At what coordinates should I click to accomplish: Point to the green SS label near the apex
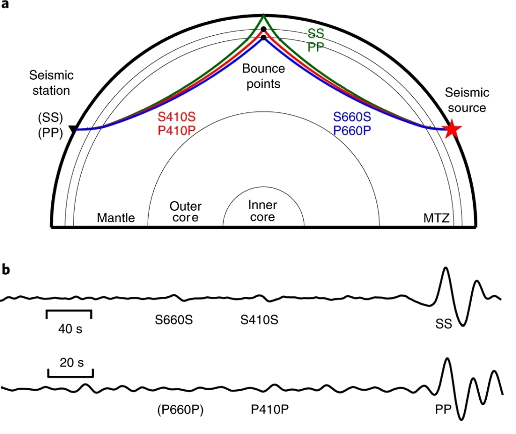[316, 34]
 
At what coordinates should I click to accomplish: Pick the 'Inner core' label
[263, 211]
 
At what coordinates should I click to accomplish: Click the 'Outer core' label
[185, 212]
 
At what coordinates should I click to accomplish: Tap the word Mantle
[116, 218]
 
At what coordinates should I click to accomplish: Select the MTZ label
[436, 218]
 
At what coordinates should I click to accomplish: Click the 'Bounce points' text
[263, 76]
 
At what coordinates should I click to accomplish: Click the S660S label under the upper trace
[174, 320]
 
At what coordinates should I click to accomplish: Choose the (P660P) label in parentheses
[180, 410]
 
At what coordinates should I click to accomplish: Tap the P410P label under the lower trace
[270, 409]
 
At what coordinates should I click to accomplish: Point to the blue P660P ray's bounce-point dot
[263, 37]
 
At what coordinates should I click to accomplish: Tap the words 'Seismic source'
[467, 100]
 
